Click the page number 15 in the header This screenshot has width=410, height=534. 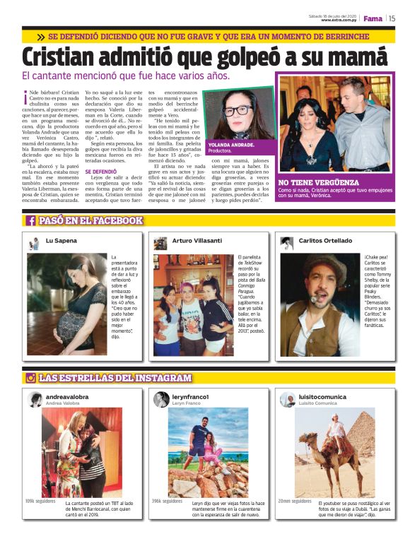coord(393,18)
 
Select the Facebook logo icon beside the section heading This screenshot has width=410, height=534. coord(31,220)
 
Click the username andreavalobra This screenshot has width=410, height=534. coord(67,397)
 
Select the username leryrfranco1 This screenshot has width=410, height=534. coord(192,397)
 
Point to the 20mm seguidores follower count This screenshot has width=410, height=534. coord(295,501)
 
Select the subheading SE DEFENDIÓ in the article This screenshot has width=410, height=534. coord(101,172)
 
